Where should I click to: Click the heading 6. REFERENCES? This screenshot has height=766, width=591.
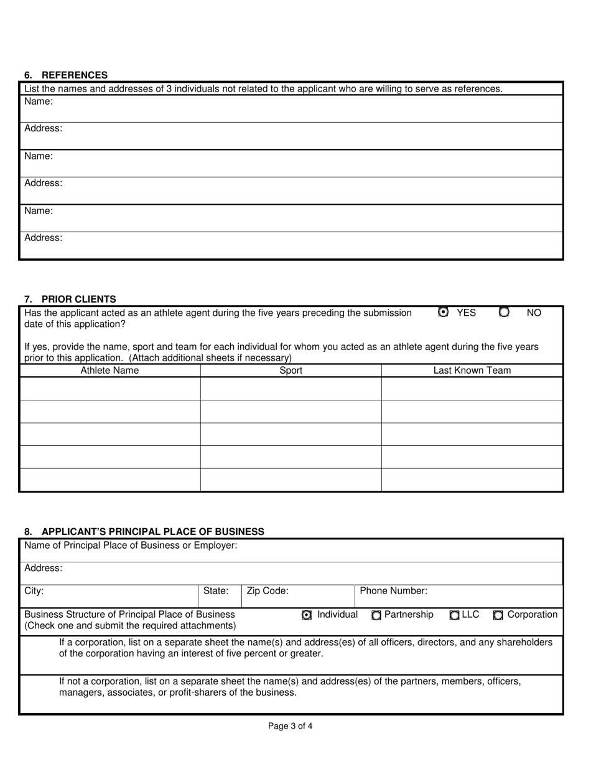pos(66,75)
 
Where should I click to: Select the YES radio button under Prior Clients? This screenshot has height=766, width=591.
pos(443,313)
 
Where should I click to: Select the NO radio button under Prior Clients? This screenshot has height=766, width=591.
pos(505,313)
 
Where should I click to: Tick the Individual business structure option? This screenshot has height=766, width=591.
pos(307,615)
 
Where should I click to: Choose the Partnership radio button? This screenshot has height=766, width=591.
pos(376,615)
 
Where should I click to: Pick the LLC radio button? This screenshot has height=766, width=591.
pos(454,615)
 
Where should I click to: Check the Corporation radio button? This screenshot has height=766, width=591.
pos(498,615)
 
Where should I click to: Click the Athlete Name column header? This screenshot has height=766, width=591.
pos(109,371)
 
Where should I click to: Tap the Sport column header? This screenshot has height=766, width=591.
pos(291,371)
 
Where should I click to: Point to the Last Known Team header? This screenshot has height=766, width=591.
pos(472,371)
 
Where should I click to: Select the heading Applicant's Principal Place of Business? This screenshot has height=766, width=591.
pos(144,531)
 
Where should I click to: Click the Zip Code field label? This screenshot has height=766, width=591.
pos(268,591)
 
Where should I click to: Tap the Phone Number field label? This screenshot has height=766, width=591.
pos(393,591)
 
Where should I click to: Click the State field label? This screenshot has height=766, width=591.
pos(216,591)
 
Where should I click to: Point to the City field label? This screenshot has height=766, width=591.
pos(34,591)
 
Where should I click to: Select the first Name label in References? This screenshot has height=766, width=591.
pos(39,102)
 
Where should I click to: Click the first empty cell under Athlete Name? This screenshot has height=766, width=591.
pos(109,389)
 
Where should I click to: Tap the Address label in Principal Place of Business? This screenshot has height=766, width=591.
pos(44,568)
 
